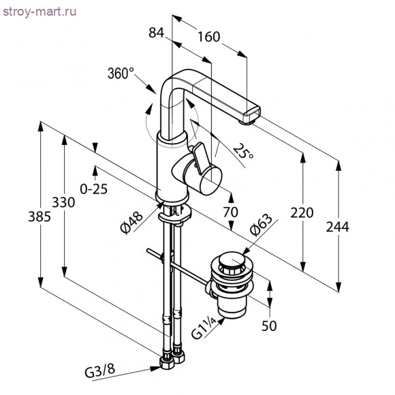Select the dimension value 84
[x=157, y=31]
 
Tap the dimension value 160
[x=210, y=37]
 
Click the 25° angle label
[x=242, y=151]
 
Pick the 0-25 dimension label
[x=93, y=190]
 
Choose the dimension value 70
[x=230, y=212]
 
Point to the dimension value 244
[x=336, y=227]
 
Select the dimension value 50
[x=270, y=326]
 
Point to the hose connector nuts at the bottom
[x=174, y=359]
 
